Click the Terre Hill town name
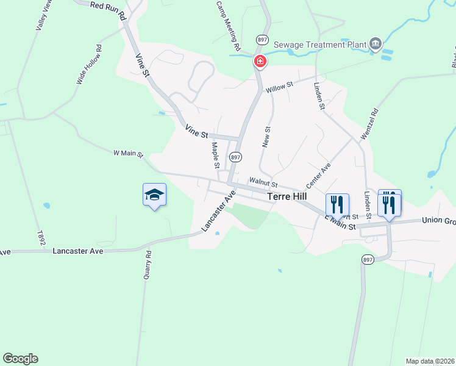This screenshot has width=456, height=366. pos(287,198)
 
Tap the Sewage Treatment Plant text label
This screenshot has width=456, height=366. pos(319,45)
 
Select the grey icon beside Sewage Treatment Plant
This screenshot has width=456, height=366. pos(375,43)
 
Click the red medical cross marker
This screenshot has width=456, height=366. pos(260,61)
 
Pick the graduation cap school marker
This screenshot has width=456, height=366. pos(154,195)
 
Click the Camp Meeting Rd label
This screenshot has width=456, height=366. pos(229,25)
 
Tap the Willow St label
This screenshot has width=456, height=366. pos(280,87)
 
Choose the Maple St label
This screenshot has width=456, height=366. pos(215,155)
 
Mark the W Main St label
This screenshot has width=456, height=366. pos(128,154)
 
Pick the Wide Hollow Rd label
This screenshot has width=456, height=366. pos(88,65)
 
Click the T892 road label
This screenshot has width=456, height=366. pos(41,239)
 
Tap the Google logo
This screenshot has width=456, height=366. pos(20,359)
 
